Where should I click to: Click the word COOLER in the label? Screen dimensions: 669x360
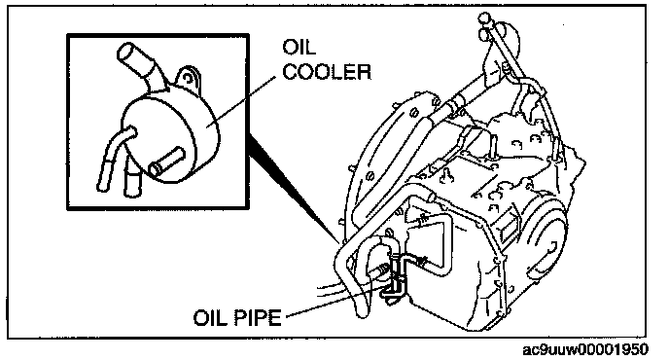pyautogui.click(x=327, y=72)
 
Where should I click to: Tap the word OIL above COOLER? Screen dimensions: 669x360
pyautogui.click(x=299, y=47)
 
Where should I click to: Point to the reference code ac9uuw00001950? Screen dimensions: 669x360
pyautogui.click(x=585, y=349)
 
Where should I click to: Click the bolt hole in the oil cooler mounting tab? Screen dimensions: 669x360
pyautogui.click(x=188, y=78)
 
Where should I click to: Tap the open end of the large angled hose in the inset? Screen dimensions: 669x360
pyautogui.click(x=125, y=53)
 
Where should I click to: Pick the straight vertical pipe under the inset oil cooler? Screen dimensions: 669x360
pyautogui.click(x=129, y=179)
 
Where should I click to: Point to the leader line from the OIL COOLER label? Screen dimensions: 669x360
pyautogui.click(x=241, y=101)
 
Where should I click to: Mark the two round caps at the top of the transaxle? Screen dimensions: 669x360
pyautogui.click(x=484, y=25)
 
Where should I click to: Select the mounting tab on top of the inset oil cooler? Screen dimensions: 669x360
pyautogui.click(x=188, y=78)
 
